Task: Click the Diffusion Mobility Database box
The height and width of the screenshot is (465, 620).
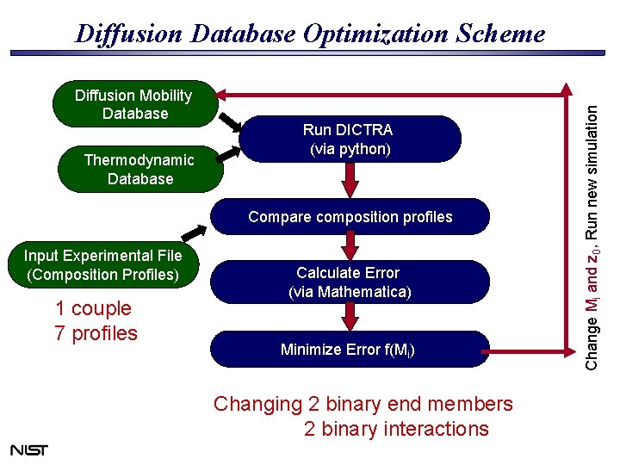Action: [x=133, y=104]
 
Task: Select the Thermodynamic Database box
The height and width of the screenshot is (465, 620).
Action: [x=139, y=170]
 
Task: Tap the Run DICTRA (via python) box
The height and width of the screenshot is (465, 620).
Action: [x=350, y=139]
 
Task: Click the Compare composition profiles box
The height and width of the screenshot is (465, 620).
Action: [x=350, y=217]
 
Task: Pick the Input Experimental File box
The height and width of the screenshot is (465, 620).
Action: [x=102, y=265]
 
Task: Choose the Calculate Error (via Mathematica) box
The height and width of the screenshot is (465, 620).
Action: [x=350, y=282]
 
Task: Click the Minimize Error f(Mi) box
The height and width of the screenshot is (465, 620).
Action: [x=350, y=350]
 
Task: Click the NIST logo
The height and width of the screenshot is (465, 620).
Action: [x=29, y=449]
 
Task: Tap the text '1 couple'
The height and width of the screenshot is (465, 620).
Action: [x=93, y=308]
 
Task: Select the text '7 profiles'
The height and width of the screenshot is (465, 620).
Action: [x=96, y=333]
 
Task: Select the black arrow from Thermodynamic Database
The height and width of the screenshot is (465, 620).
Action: [x=228, y=152]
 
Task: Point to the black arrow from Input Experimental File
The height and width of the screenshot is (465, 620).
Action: [x=194, y=232]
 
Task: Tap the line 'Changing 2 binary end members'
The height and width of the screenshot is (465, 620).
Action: [x=363, y=404]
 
